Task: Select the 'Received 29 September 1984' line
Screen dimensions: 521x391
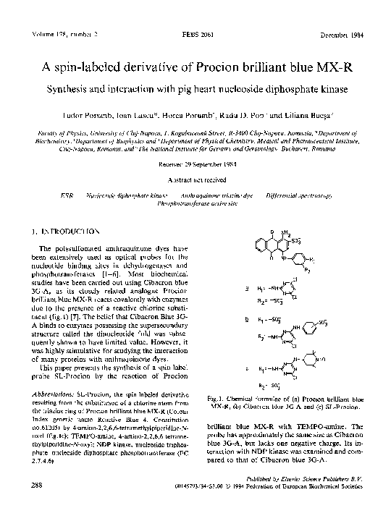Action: pyautogui.click(x=195, y=164)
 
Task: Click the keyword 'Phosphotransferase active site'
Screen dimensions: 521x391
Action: pyautogui.click(x=195, y=204)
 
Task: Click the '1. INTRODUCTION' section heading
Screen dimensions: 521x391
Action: pyautogui.click(x=62, y=232)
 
